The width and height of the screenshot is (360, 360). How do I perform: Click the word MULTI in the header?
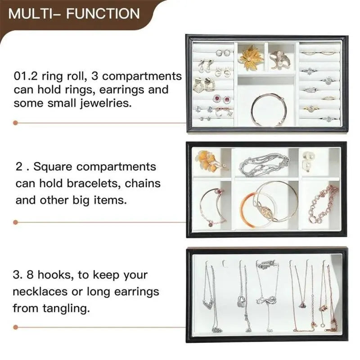pos(31,13)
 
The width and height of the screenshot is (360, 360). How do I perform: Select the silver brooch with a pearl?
pos(280,58)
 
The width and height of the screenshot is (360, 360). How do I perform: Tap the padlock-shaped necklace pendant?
pos(242,301)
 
